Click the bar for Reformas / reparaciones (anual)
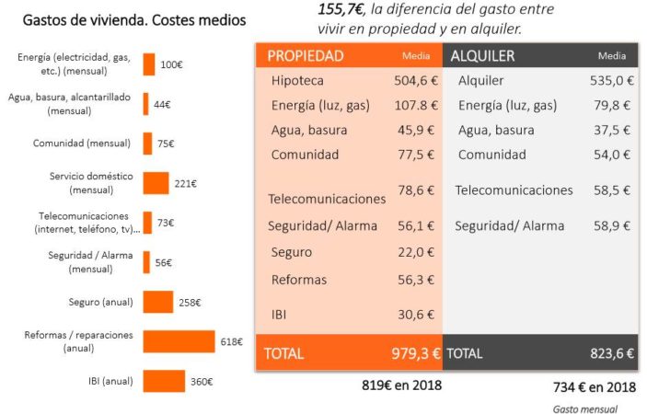coord(179,341)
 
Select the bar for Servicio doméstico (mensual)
coord(156,183)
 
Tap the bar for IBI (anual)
coord(164,381)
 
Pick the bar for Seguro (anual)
coord(157,302)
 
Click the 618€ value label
coord(231,341)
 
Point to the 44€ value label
coord(162,104)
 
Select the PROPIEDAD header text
coord(306,56)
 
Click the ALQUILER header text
coord(483,56)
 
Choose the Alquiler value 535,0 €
coord(611,81)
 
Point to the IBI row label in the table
coord(280,314)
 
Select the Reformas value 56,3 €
coord(416,280)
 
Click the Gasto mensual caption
coord(584,408)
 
